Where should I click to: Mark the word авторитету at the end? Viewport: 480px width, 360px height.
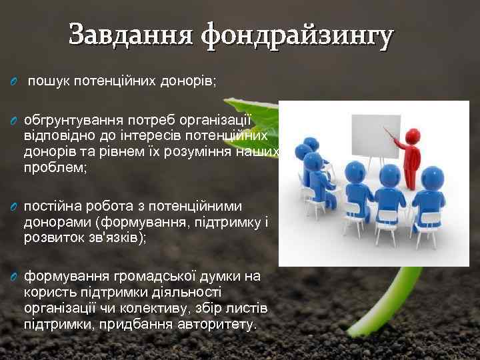point(217,324)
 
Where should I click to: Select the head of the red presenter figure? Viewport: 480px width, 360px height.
point(412,136)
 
